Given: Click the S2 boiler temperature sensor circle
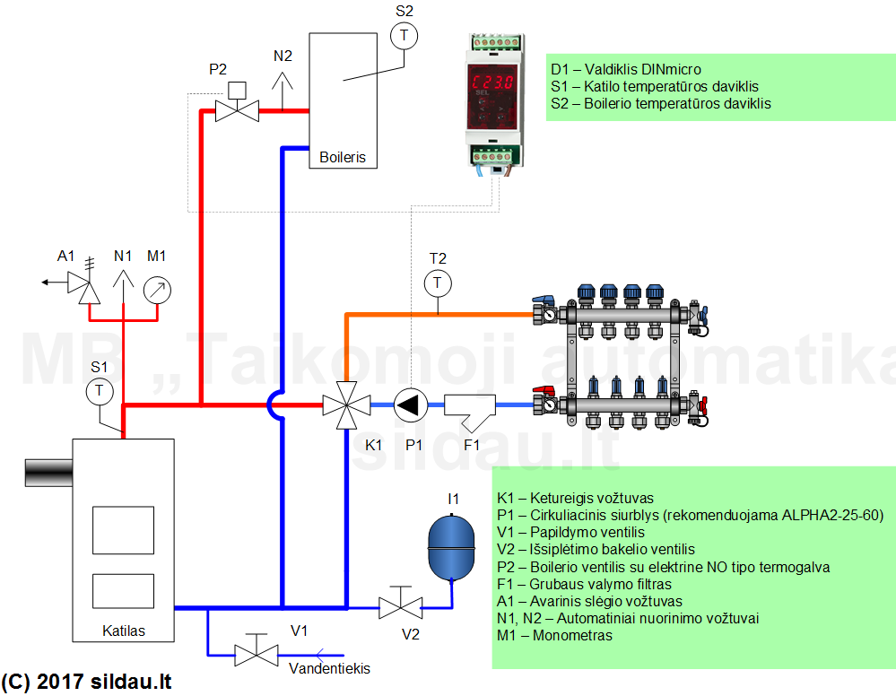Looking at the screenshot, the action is click(x=404, y=36).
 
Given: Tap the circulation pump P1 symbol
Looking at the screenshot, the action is click(x=410, y=405).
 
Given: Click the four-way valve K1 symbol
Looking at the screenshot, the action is click(x=346, y=405).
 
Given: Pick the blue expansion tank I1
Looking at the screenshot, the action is click(x=451, y=547).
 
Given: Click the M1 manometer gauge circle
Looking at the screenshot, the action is click(x=157, y=291).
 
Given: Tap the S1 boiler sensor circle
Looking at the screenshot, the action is click(x=100, y=391).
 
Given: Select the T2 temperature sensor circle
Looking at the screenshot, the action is click(x=438, y=283).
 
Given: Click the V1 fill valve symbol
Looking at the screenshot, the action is click(x=257, y=651).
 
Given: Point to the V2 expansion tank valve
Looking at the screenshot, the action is click(x=401, y=604).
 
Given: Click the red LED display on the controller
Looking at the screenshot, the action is click(x=492, y=83).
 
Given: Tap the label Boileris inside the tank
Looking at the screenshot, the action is click(x=343, y=157).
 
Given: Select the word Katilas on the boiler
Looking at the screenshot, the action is click(x=124, y=631).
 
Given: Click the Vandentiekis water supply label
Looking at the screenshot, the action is click(x=329, y=668).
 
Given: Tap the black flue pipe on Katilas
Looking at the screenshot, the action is click(x=48, y=473).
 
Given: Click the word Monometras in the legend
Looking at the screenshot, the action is click(x=572, y=635).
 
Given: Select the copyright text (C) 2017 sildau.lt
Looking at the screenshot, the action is click(x=86, y=682).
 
